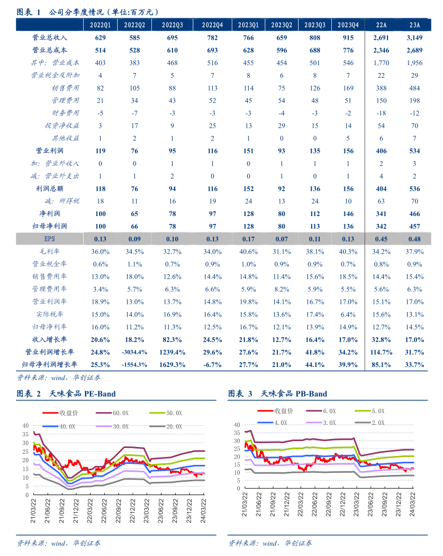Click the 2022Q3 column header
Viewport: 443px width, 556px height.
click(x=173, y=25)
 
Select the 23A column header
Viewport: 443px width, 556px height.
click(x=414, y=25)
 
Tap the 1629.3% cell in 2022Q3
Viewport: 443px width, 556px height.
click(x=173, y=365)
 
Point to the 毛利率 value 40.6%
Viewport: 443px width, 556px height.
click(x=248, y=252)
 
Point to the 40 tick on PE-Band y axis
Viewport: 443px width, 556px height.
click(x=25, y=425)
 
